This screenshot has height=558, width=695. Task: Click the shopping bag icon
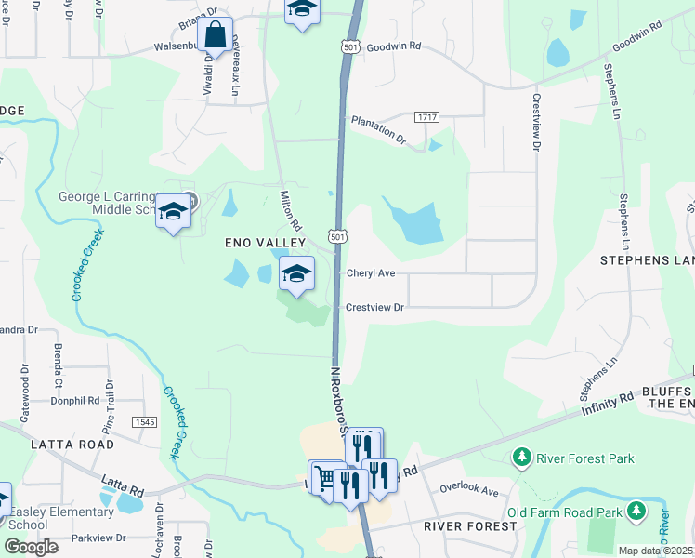coord(215,36)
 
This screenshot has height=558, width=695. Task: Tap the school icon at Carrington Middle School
coord(173,212)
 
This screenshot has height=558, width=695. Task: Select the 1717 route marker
coord(427,116)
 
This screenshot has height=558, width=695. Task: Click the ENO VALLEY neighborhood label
coord(266,243)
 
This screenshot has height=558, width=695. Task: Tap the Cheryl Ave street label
coord(371,273)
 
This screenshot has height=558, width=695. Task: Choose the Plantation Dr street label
coord(377,129)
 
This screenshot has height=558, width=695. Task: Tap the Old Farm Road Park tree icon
coord(636,511)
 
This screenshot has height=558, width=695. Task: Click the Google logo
coord(31,547)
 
